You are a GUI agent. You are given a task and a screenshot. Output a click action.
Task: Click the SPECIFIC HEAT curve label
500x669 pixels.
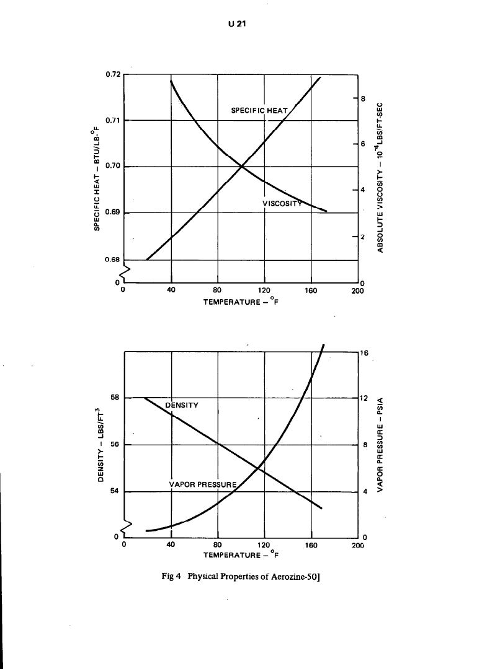[259, 111]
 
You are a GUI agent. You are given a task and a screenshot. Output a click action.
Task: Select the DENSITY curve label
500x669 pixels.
[182, 405]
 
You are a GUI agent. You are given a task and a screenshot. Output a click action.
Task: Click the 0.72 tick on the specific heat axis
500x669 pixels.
[112, 74]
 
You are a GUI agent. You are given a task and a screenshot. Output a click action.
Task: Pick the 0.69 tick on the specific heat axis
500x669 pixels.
[112, 212]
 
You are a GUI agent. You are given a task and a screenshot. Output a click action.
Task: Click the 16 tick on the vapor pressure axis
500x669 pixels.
[365, 352]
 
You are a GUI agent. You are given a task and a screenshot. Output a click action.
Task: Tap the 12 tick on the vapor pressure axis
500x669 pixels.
[365, 398]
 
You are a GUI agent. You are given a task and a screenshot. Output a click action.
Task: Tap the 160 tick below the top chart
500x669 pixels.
[310, 290]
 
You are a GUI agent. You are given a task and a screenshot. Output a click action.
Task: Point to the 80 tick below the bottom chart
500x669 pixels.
[218, 545]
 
